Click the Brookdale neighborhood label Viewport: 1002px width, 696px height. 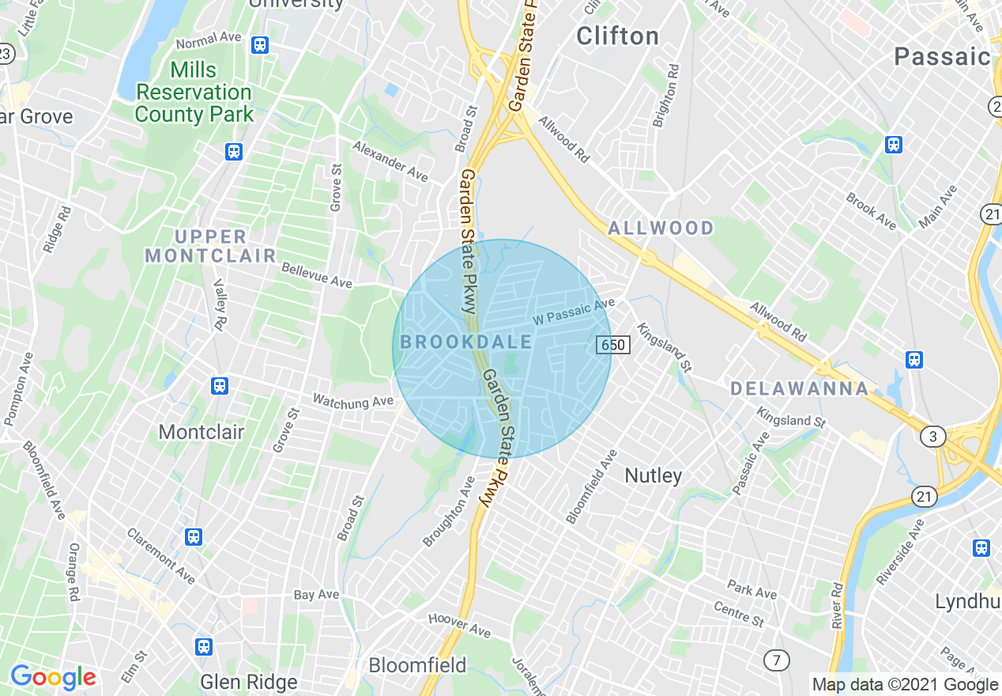click(x=466, y=342)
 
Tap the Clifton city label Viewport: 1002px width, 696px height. click(x=617, y=36)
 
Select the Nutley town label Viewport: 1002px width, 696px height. click(x=653, y=475)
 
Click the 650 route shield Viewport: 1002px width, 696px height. click(x=612, y=345)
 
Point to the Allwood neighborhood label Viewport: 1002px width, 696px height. click(x=661, y=229)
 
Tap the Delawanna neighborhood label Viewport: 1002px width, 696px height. click(x=799, y=388)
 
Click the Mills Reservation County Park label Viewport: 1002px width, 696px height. click(x=194, y=92)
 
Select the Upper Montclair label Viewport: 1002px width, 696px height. click(x=210, y=246)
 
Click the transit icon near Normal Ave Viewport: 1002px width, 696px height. click(x=260, y=45)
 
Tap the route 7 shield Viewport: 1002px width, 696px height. click(x=777, y=659)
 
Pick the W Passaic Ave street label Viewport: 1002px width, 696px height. click(x=574, y=311)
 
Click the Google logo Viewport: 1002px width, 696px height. click(x=53, y=677)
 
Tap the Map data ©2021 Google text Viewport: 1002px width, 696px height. click(x=905, y=685)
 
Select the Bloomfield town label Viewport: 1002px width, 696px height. click(x=417, y=664)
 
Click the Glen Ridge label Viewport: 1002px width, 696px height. click(x=249, y=682)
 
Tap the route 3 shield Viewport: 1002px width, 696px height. click(x=933, y=436)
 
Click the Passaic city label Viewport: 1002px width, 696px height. click(x=942, y=56)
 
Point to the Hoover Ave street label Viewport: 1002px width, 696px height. click(x=459, y=625)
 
